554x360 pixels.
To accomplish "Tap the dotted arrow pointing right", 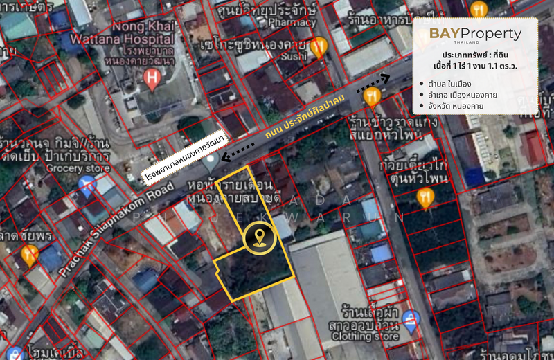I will tap(373, 80).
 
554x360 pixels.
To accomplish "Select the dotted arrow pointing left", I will tap(238, 147).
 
